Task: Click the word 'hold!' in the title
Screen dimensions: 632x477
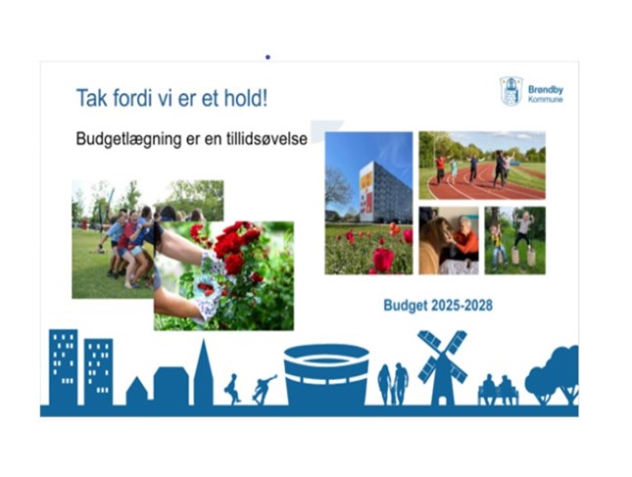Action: pyautogui.click(x=246, y=98)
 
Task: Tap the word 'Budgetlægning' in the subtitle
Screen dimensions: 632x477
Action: pyautogui.click(x=128, y=139)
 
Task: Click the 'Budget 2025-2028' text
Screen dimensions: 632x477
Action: pyautogui.click(x=438, y=306)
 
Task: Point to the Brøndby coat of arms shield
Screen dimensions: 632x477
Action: pyautogui.click(x=511, y=91)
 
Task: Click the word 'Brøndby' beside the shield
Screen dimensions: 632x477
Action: pyautogui.click(x=546, y=89)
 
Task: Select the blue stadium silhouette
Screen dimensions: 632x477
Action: pyautogui.click(x=326, y=375)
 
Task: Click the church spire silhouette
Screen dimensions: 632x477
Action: pyautogui.click(x=204, y=372)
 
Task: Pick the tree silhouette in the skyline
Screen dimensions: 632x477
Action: pyautogui.click(x=553, y=375)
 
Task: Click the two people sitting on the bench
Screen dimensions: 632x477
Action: pyautogui.click(x=498, y=390)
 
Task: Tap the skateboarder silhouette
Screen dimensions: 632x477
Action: pyautogui.click(x=264, y=389)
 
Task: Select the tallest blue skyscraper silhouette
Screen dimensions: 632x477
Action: pyautogui.click(x=64, y=367)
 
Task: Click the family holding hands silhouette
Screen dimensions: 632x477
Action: pyautogui.click(x=393, y=384)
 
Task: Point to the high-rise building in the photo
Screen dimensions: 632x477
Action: pyautogui.click(x=385, y=193)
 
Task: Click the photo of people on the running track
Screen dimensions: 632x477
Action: pyautogui.click(x=482, y=166)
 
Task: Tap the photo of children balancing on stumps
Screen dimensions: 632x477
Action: pyautogui.click(x=514, y=241)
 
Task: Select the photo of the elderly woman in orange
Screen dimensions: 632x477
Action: pyautogui.click(x=449, y=241)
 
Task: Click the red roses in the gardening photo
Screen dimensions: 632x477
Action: pyautogui.click(x=236, y=246)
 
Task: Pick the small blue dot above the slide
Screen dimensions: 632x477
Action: pyautogui.click(x=267, y=57)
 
